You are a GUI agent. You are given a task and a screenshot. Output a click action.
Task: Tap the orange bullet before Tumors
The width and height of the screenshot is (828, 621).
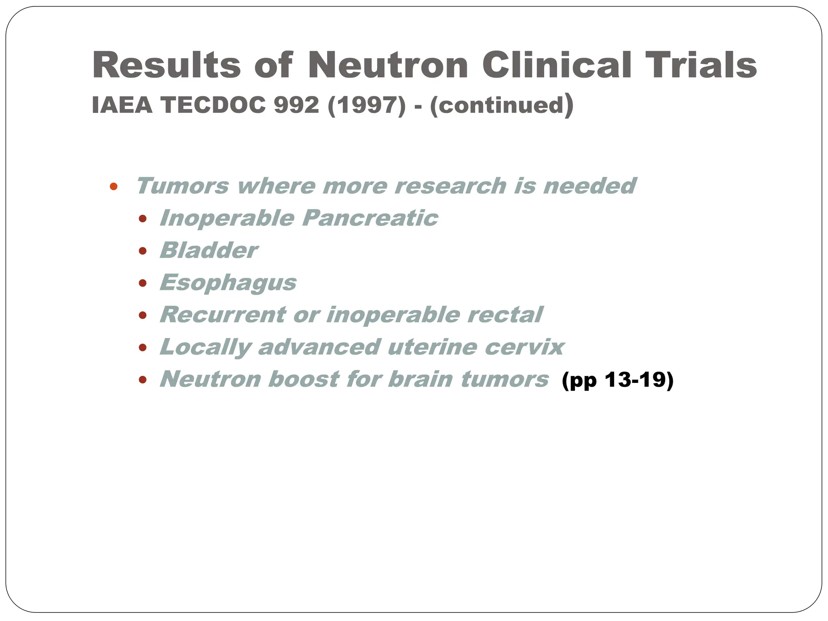pos(114,186)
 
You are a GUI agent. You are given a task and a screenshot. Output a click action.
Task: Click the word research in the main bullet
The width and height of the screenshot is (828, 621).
pos(450,186)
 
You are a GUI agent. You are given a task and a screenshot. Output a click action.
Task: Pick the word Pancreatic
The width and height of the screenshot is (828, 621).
pos(370,218)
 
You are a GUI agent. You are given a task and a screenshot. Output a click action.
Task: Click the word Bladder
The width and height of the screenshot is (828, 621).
pos(209,250)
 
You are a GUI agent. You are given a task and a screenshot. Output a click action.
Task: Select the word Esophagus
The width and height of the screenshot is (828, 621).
pos(228,283)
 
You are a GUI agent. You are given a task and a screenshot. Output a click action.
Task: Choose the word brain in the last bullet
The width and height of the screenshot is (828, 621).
pos(420,379)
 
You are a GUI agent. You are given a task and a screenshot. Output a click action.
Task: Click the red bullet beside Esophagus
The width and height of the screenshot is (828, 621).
pos(142,283)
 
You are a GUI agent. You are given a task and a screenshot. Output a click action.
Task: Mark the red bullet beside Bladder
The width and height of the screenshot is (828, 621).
pos(142,251)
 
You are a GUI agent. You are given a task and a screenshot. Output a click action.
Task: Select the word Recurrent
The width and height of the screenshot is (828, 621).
pos(223,315)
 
